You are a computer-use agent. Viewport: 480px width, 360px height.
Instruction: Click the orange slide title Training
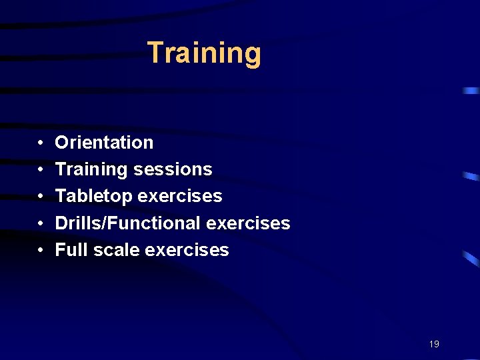pos(204,53)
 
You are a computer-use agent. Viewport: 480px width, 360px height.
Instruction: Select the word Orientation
pos(104,143)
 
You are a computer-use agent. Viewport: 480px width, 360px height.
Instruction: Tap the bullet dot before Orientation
pos(41,143)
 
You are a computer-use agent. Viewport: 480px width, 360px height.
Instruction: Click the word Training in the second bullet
pos(91,170)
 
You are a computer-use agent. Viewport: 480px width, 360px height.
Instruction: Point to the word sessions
pos(173,170)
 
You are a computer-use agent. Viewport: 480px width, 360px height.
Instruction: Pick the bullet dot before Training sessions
pos(41,170)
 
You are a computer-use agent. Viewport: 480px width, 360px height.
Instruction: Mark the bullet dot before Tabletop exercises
pos(41,197)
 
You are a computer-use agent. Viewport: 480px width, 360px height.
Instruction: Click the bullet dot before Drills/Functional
pos(41,223)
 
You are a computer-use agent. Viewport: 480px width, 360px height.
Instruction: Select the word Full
pos(69,250)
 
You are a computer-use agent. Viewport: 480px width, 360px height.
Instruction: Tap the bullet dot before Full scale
pos(41,250)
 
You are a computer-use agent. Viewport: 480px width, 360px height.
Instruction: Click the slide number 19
pos(434,344)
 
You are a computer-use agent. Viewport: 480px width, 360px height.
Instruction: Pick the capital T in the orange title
pos(155,52)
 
